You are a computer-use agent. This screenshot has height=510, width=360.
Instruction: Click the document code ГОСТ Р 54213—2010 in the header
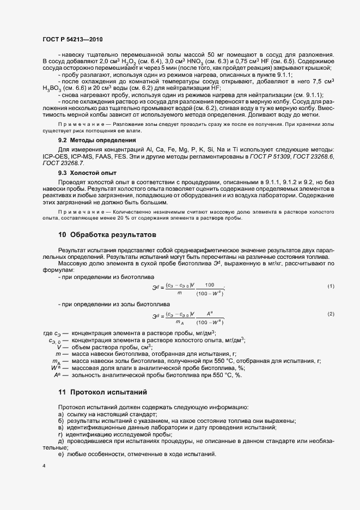point(72,40)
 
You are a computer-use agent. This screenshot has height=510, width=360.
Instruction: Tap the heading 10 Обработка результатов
point(107,235)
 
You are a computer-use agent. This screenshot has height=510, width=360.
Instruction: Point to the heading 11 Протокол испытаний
point(102,392)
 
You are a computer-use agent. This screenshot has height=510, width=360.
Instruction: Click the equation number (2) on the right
point(331,314)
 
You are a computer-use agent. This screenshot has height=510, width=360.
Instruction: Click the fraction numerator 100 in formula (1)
point(210,284)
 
